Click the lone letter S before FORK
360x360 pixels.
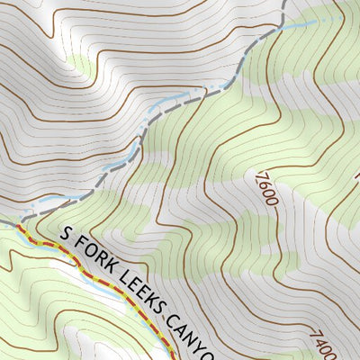[66, 234]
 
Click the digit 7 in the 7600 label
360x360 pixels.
[262, 170]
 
